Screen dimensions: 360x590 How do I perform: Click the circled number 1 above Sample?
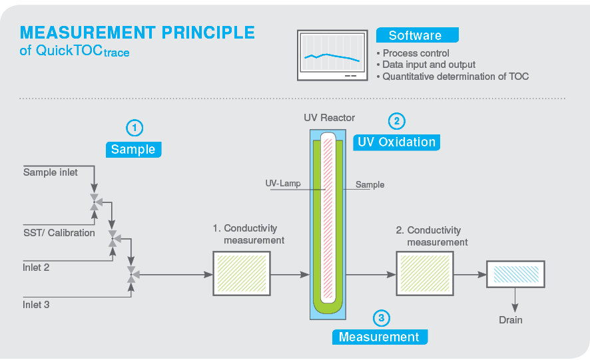coord(135,127)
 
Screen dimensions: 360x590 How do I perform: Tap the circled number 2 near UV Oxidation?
coord(397,120)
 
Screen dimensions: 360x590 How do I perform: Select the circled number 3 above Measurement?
coord(380,318)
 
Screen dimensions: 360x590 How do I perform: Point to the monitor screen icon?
coord(332,55)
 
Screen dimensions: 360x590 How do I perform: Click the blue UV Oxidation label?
coord(396,142)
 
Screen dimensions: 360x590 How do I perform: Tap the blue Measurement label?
coord(379,337)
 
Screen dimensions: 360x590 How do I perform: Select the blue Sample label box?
coord(133,149)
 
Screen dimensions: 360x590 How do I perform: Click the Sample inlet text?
coord(51,172)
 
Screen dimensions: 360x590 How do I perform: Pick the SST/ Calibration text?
coord(59,233)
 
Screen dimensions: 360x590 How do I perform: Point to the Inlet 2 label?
coord(37,268)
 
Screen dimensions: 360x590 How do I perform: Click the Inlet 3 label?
coord(37,305)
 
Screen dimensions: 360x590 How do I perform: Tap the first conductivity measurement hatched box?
coord(240,273)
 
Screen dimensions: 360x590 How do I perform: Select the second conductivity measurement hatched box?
coord(424,273)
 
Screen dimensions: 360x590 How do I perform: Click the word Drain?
coord(511,320)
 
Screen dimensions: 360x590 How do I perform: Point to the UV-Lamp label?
coord(283,184)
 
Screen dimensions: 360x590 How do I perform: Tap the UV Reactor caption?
coord(329,118)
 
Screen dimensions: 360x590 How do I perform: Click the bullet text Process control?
coord(416,53)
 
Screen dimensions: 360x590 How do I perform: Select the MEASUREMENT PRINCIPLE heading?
coord(137,33)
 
